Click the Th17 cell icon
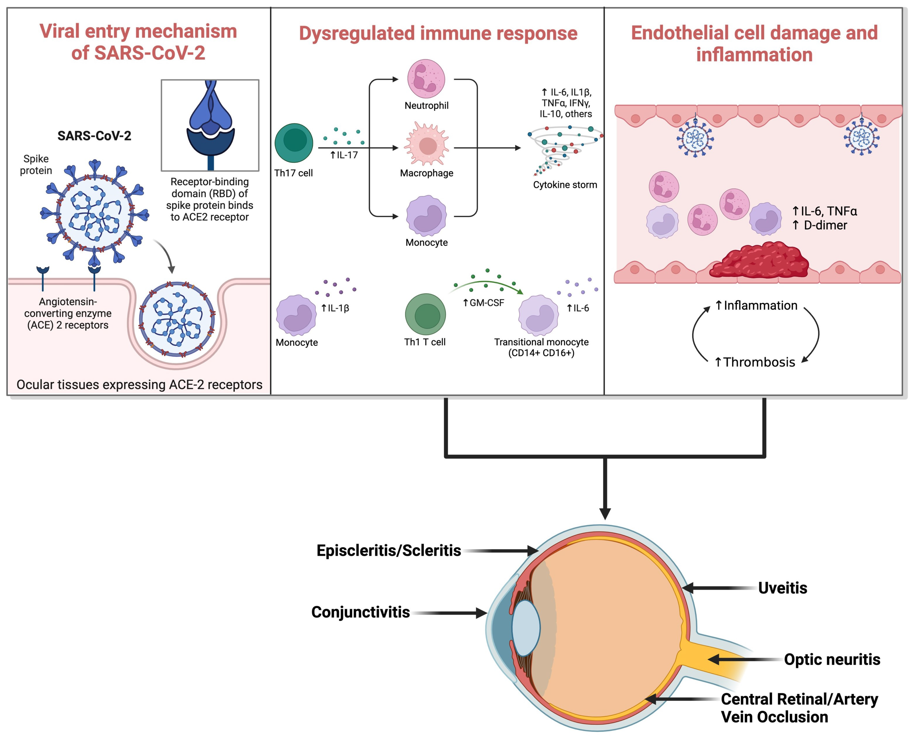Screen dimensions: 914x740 click(x=294, y=143)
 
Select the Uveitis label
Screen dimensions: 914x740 click(x=782, y=588)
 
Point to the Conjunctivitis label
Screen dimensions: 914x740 click(x=361, y=612)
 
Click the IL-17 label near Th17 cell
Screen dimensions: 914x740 click(x=347, y=155)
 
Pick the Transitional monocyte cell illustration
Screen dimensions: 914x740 click(x=538, y=316)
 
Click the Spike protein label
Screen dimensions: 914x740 click(x=36, y=164)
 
